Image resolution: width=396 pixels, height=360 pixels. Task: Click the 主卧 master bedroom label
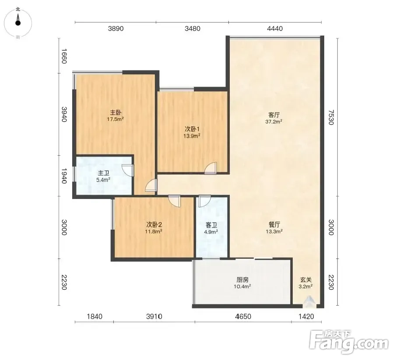coord(116,112)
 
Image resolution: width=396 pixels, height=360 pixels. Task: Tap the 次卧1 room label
coord(192,129)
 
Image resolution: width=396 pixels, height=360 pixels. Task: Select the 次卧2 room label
coord(154,224)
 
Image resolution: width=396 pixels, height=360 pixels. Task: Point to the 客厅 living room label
coord(274,115)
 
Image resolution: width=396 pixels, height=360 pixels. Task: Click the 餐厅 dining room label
coord(274,224)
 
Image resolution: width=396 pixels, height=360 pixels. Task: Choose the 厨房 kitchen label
coord(242,280)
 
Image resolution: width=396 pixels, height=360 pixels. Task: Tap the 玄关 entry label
coord(306,280)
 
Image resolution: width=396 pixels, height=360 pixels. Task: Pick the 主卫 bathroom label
coord(104,173)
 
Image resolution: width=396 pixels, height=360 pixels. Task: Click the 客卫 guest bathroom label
coord(211,225)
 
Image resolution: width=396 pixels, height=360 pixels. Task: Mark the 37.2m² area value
coord(274,122)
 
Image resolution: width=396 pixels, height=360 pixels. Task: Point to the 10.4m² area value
coord(242,287)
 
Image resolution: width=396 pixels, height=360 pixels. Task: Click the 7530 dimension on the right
coord(331,117)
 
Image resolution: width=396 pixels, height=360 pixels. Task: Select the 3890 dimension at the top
coord(116,28)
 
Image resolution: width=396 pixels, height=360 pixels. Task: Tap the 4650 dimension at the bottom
coord(243,317)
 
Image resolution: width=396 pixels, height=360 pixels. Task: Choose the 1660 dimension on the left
coord(64,56)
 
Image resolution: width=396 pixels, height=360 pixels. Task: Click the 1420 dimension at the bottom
coord(306,317)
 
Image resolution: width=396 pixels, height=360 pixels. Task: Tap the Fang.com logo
coord(349,342)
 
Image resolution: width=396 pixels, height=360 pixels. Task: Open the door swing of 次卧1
coord(211,168)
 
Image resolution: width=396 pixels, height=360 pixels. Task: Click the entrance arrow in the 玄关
coord(306,302)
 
